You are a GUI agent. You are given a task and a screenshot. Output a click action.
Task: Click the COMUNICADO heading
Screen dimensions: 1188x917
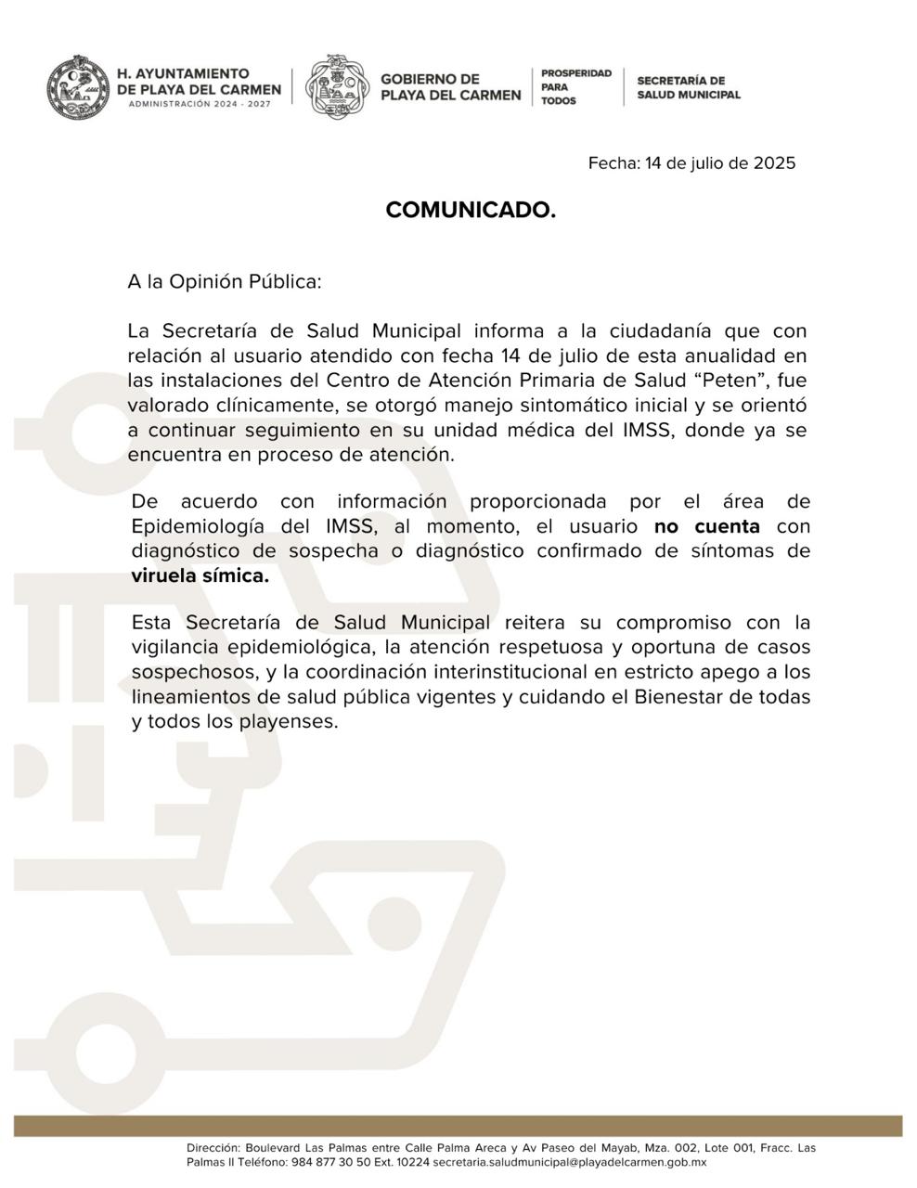(471, 211)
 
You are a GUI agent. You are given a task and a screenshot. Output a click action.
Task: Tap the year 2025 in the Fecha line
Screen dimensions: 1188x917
(774, 163)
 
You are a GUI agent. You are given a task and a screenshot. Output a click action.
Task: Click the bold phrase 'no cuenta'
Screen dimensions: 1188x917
(707, 526)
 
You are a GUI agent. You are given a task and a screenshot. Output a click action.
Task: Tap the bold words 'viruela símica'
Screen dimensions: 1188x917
(200, 575)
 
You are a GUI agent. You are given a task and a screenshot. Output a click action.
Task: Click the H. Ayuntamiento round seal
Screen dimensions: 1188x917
(75, 87)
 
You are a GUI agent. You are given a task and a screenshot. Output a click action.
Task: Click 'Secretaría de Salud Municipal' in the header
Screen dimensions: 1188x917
(688, 87)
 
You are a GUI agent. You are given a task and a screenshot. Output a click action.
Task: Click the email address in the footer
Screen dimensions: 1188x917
(570, 1162)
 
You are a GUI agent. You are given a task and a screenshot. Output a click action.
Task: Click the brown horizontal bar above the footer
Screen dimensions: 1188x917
(458, 1125)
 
